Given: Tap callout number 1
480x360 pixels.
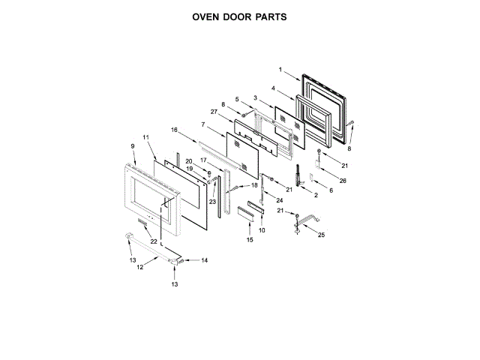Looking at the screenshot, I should [x=280, y=70].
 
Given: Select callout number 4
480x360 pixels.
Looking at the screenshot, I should [x=273, y=88].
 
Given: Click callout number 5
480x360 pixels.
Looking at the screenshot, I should [x=236, y=100].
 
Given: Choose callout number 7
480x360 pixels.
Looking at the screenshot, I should [x=202, y=124].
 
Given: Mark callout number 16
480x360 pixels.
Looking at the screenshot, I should [x=175, y=130].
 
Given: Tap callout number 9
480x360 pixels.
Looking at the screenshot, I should [x=133, y=145].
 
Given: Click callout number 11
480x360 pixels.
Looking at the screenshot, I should [x=146, y=137].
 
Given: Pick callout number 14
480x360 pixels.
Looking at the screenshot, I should [x=204, y=260].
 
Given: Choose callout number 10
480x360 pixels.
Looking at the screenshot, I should [x=262, y=230].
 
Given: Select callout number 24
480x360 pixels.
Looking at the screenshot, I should [x=280, y=200].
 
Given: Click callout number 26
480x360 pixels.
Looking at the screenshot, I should [x=343, y=180].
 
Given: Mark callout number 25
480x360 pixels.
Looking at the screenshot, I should [x=322, y=235].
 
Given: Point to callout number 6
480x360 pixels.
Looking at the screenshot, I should [x=331, y=191].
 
